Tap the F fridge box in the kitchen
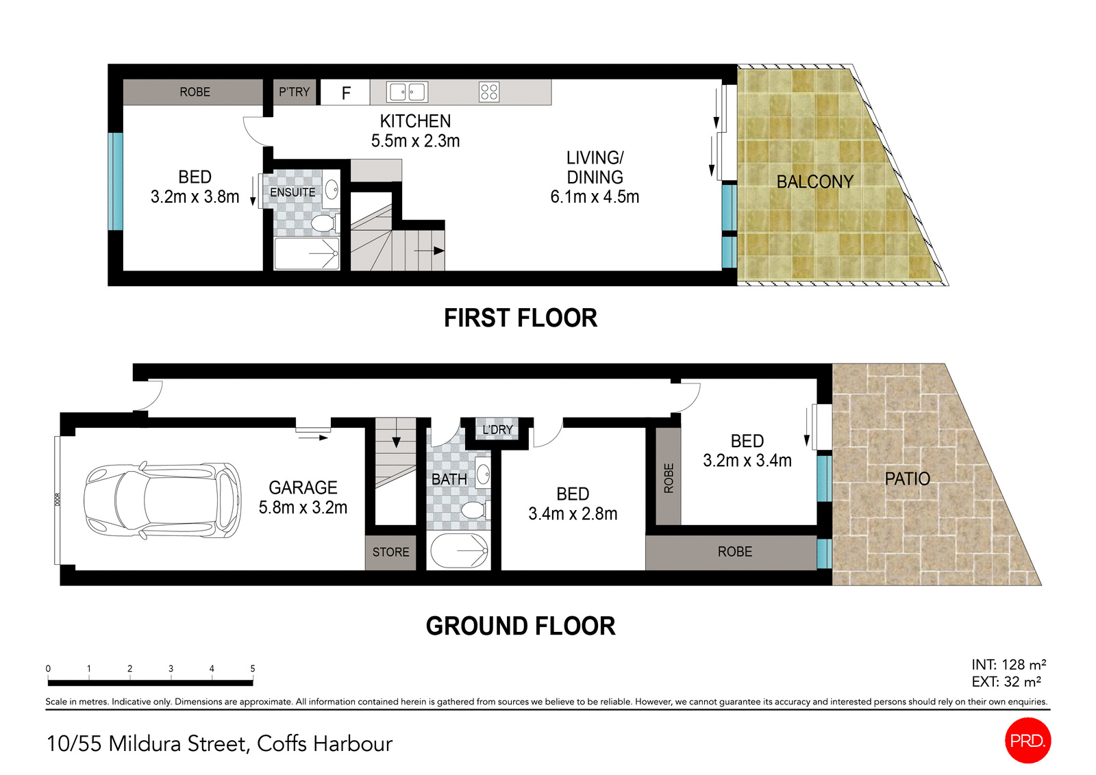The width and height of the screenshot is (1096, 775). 346,92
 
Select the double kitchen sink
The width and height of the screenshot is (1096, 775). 407,92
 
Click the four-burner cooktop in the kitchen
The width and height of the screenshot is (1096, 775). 489,92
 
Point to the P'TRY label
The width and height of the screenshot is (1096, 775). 295,92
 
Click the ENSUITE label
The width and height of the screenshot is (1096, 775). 292,192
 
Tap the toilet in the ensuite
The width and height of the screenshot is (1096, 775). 321,223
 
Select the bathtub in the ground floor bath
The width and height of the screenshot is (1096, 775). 458,551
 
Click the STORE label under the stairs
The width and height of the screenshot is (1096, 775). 390,552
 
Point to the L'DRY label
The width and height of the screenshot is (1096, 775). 497,429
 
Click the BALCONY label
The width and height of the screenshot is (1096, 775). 814,182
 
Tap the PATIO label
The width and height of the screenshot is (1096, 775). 907,479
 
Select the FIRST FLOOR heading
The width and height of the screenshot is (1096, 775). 521,318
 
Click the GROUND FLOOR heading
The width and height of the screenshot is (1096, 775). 521,626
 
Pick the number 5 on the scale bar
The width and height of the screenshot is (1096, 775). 253,668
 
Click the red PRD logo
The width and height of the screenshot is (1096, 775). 1027,740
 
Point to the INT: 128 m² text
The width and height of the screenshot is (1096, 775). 1008,665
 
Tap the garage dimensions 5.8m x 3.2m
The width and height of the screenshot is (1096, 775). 303,507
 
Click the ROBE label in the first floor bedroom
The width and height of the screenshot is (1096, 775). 195,92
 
